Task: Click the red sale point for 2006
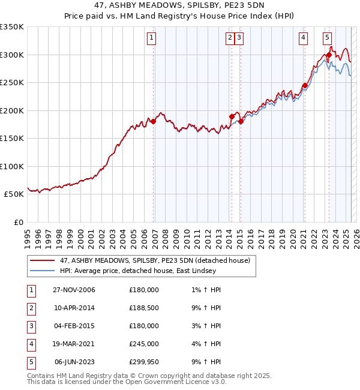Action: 153,121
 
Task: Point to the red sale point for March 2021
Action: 305,85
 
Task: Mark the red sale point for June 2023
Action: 329,55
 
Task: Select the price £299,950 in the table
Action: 143,362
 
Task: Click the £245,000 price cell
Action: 143,344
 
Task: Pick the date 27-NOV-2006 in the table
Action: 74,290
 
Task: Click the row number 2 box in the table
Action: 31,308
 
